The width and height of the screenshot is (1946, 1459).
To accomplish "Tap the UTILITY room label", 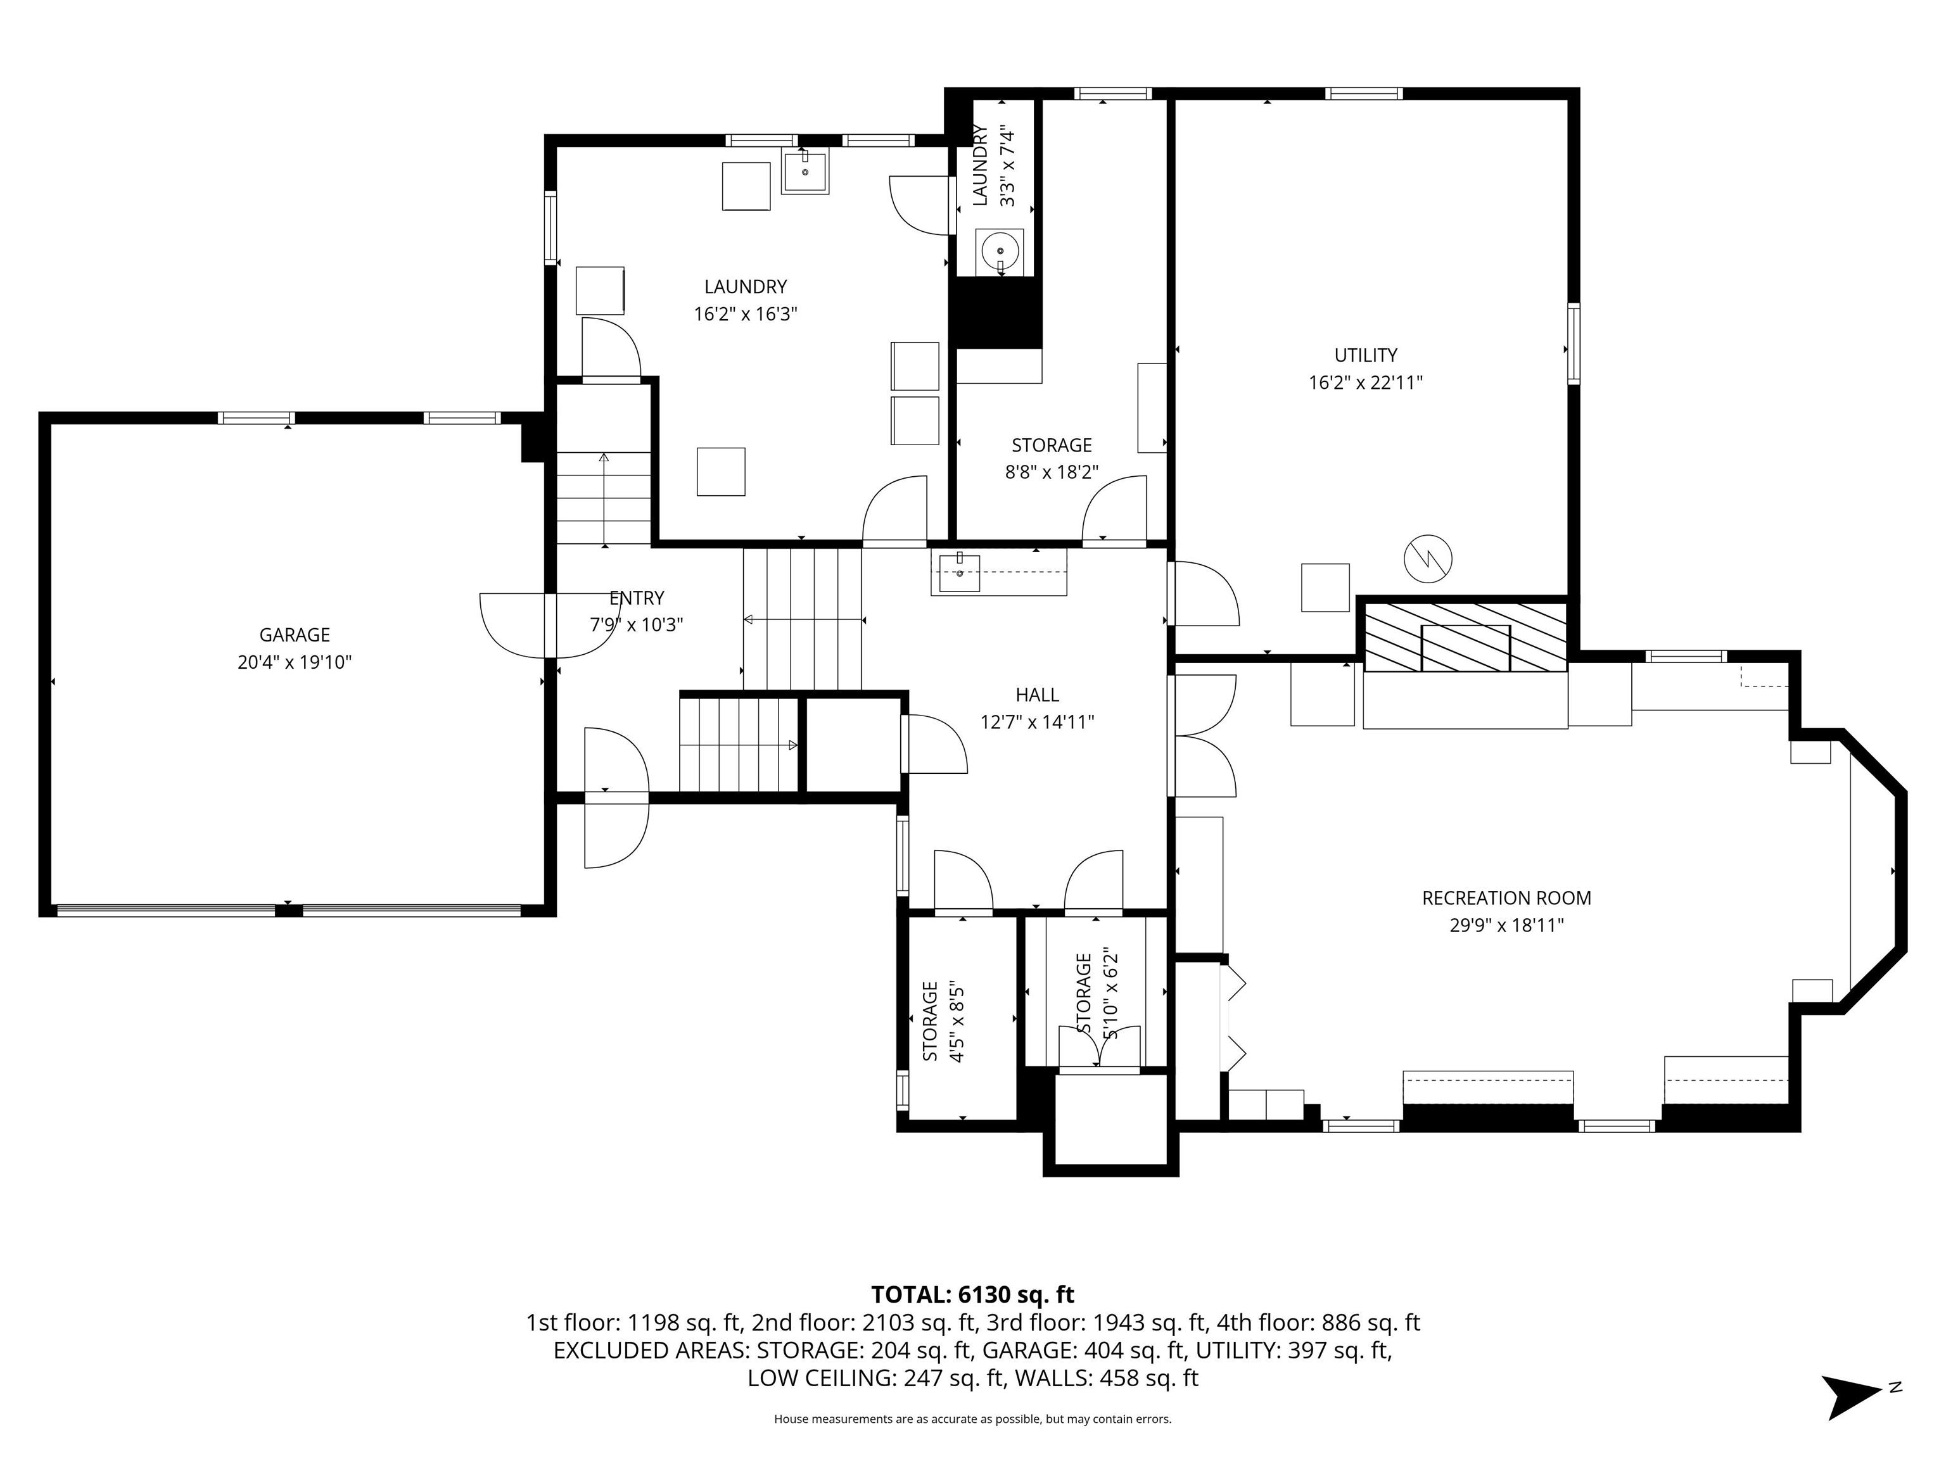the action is pos(1365,355).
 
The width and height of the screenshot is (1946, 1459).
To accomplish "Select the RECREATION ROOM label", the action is pos(1506,898).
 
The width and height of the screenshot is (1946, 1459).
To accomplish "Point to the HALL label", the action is pos(1037,695).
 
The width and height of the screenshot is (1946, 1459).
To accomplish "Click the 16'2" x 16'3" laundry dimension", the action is pos(745,314).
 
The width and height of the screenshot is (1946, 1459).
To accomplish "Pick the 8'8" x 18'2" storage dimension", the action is pos(1052,472).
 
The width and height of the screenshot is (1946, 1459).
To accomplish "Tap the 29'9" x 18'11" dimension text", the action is pos(1506,925).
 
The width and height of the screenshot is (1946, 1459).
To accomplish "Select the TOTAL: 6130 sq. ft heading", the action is pos(972,1294).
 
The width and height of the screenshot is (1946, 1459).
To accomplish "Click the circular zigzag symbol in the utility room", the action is pos(1428,557).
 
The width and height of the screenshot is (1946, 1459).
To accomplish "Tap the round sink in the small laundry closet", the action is pos(1000,251).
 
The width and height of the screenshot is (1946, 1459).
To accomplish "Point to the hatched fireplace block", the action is pos(1465,636).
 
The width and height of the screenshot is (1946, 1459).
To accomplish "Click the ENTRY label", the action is pos(637,598).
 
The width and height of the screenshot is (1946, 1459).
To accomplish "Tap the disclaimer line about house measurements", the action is pos(972,1418).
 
